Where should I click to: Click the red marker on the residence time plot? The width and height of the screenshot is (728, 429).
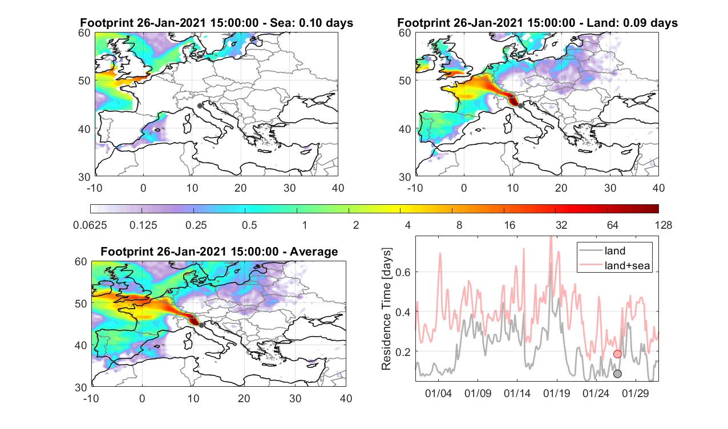tap(617, 354)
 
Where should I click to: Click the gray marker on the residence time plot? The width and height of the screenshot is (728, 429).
tap(617, 374)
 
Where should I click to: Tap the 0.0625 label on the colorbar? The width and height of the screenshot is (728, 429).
tap(90, 225)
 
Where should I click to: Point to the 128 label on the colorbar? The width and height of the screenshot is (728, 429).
tap(664, 225)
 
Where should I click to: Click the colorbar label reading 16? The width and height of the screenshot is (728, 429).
tap(509, 225)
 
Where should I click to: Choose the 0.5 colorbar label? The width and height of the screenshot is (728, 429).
tap(249, 225)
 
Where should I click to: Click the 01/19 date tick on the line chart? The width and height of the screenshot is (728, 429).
tap(557, 393)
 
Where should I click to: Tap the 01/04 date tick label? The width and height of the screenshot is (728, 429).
tap(438, 393)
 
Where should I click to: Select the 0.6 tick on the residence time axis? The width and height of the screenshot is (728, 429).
tap(403, 272)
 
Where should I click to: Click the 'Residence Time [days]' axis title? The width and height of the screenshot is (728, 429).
tap(386, 309)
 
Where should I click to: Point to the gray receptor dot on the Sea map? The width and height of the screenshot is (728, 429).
tap(200, 106)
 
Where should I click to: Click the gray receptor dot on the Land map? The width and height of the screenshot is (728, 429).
tap(520, 106)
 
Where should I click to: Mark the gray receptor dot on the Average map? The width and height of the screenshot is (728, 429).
tap(201, 325)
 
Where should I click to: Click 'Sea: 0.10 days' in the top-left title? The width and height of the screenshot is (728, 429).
tap(312, 23)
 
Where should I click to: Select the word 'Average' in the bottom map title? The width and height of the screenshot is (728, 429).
tap(314, 252)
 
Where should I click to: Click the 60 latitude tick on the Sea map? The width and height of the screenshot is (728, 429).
tap(84, 33)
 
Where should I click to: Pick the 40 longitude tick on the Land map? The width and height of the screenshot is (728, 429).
tap(658, 188)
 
